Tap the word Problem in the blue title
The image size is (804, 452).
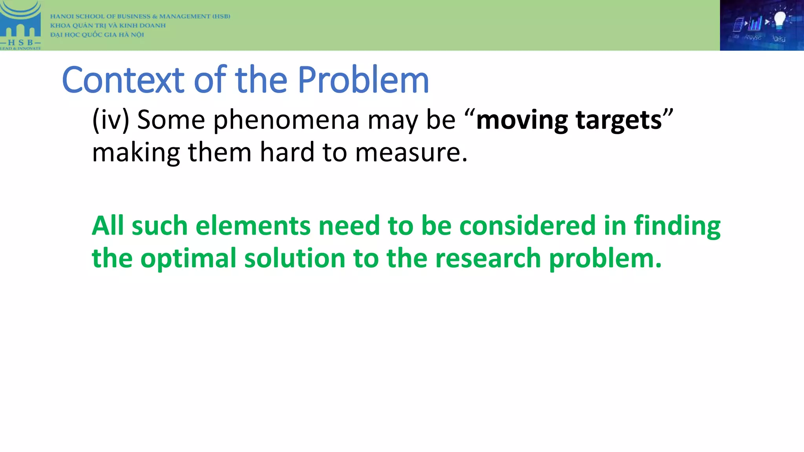(x=363, y=80)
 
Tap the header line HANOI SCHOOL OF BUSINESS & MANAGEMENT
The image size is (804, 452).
(x=140, y=16)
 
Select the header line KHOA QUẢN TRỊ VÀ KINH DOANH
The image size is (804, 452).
(x=108, y=26)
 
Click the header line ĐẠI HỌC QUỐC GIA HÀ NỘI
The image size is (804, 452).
(x=97, y=35)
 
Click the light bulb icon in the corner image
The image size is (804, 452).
(x=779, y=20)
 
